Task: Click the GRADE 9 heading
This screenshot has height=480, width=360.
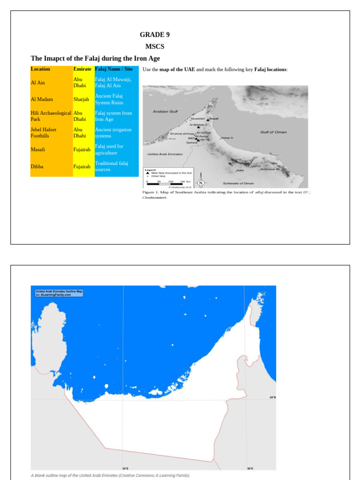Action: point(154,35)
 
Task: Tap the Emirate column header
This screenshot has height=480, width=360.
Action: point(82,69)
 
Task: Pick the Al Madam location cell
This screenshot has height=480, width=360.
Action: point(42,99)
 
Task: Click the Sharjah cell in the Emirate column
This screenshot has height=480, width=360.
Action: point(81,99)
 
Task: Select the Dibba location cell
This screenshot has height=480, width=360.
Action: point(37,166)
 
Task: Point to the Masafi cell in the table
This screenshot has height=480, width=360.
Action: point(38,150)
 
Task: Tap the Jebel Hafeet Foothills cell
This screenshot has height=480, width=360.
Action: point(44,133)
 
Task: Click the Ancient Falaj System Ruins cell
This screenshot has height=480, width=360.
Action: point(109,99)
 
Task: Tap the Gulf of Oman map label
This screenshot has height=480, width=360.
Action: point(273,132)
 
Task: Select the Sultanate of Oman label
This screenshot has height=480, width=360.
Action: point(238,183)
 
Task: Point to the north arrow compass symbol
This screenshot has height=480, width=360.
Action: point(201,183)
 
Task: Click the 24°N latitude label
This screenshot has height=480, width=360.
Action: point(272,397)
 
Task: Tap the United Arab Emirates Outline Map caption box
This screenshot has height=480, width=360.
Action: point(59,293)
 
